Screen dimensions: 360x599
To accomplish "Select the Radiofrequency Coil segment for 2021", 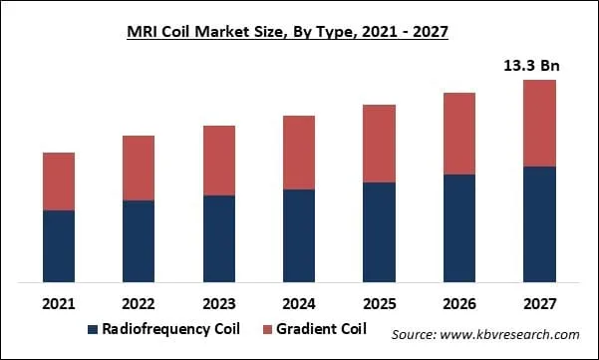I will click(59, 245).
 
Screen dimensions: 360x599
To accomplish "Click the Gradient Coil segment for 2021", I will click(59, 181).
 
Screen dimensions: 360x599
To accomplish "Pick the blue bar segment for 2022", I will click(139, 240).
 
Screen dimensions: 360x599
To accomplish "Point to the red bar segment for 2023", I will click(218, 161).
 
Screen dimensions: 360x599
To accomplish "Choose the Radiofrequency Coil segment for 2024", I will click(298, 235).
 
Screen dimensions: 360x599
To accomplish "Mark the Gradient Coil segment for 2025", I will click(378, 144).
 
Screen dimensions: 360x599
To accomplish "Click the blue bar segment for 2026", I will click(457, 227).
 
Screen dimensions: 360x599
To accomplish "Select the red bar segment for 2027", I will click(538, 123).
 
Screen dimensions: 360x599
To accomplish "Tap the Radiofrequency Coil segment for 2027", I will click(538, 223).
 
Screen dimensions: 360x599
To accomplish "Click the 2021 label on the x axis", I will click(59, 302).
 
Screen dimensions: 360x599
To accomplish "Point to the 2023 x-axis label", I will click(218, 302).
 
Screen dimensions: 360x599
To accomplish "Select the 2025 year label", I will click(378, 302).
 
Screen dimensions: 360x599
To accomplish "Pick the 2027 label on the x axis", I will click(538, 302).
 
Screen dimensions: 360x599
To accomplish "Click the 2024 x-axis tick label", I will click(298, 302).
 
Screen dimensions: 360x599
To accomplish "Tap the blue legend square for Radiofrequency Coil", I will click(94, 329).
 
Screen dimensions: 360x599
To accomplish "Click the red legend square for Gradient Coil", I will click(266, 329).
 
